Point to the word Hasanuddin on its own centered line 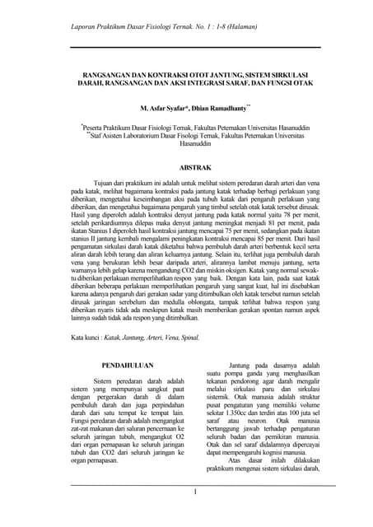(187, 143)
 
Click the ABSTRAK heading (187, 166)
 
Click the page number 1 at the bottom (195, 492)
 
